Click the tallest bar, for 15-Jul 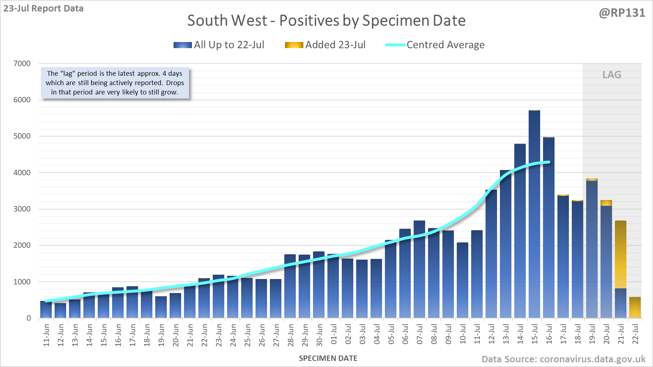click(x=534, y=215)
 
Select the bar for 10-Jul click(x=462, y=280)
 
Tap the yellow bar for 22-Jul click(x=635, y=307)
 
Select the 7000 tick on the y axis click(x=22, y=64)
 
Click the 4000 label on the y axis click(x=22, y=172)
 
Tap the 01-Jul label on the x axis click(x=334, y=334)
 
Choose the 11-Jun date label click(x=46, y=335)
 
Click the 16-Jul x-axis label click(x=549, y=334)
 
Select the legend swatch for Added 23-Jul click(x=294, y=45)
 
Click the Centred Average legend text click(x=446, y=45)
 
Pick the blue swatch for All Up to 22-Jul click(x=183, y=45)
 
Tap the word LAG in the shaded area click(x=612, y=75)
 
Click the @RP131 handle click(x=622, y=13)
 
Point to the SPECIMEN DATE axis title click(x=328, y=358)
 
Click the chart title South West click(x=326, y=20)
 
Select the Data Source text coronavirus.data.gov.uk click(x=564, y=359)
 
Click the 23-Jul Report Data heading click(x=43, y=8)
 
